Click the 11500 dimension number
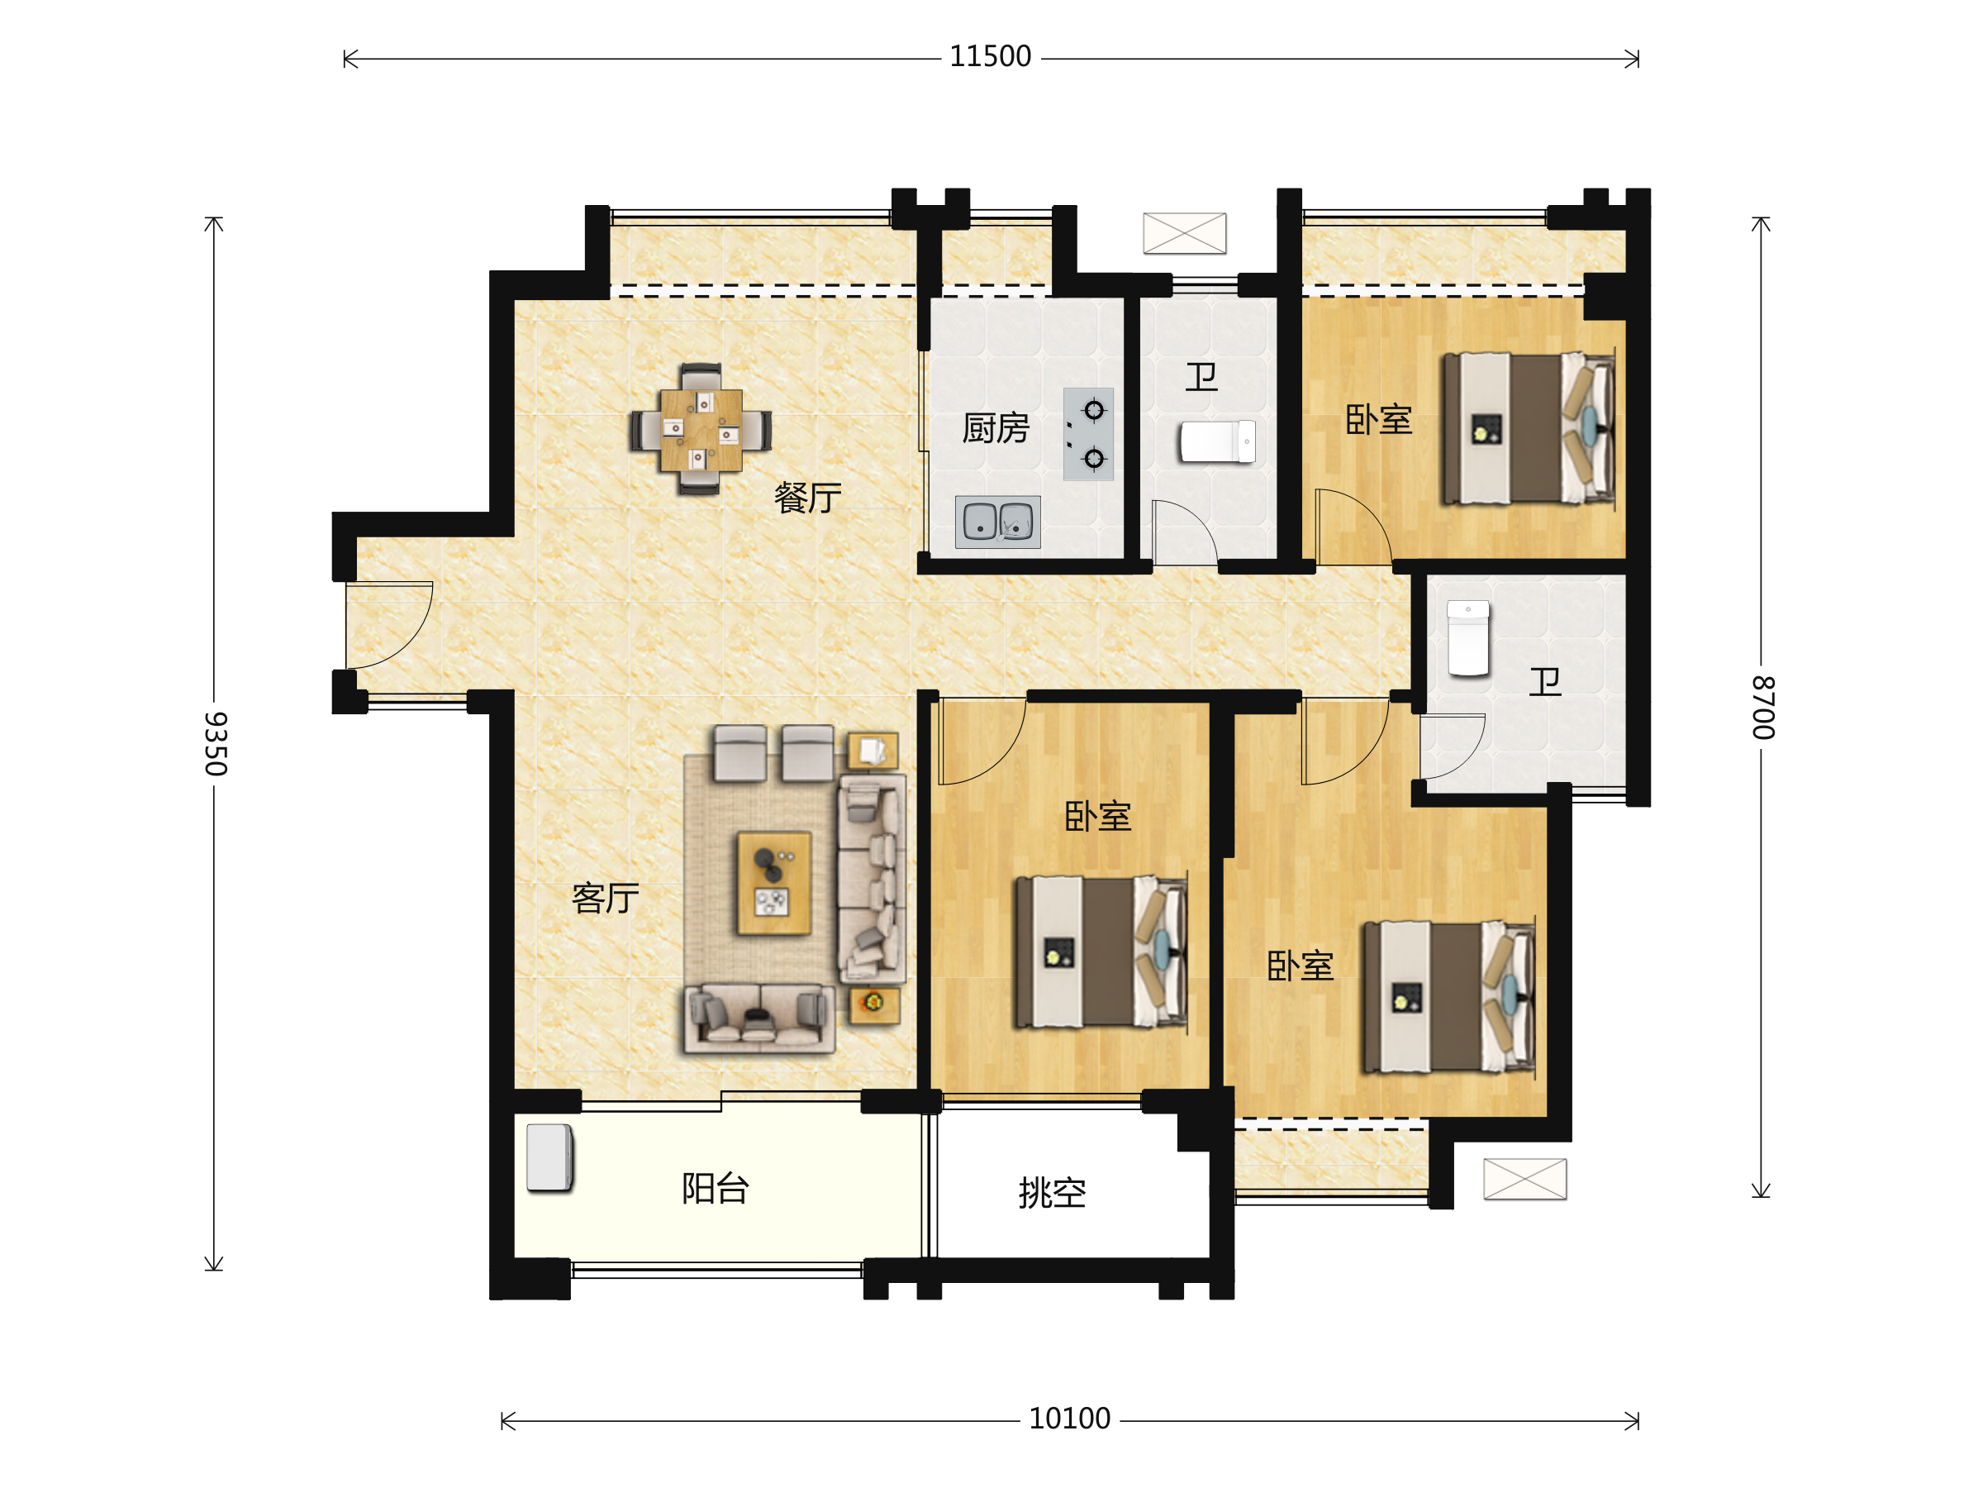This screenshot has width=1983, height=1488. tap(990, 56)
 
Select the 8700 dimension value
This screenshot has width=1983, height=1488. tap(1763, 708)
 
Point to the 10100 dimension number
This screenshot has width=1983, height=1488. tap(1069, 1419)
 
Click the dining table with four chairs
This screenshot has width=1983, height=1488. tap(700, 430)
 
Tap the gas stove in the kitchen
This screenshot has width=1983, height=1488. tap(1088, 434)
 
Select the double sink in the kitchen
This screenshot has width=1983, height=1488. tap(998, 521)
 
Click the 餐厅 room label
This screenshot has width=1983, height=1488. tap(808, 498)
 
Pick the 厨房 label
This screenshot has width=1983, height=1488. tap(995, 429)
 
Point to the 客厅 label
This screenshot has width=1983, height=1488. tap(606, 898)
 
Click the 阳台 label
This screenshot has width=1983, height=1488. tap(716, 1189)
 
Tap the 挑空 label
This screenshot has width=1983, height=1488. tap(1053, 1193)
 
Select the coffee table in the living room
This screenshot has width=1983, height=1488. tap(773, 884)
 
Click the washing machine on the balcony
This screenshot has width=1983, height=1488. tap(549, 1158)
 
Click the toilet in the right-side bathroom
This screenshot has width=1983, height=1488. tap(1467, 637)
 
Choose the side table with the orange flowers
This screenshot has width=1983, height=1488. tap(874, 1004)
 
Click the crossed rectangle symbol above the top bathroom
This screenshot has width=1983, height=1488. tap(1184, 233)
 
